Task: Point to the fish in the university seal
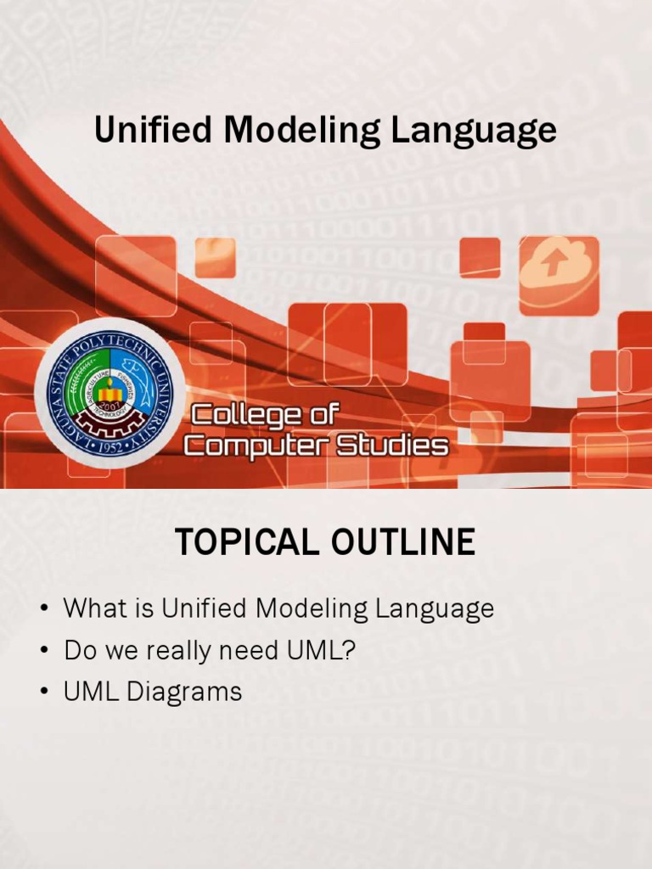point(141,373)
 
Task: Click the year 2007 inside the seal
point(109,406)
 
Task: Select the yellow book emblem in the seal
point(110,390)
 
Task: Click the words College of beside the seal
point(264,415)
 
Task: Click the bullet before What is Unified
point(43,610)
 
